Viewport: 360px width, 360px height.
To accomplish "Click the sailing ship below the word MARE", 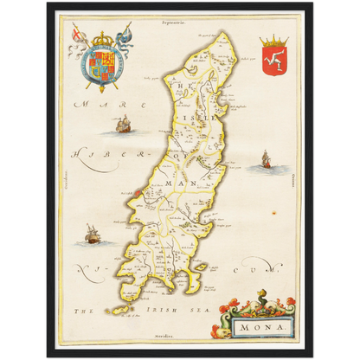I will [x=121, y=126].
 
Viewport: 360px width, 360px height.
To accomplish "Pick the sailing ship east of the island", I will [x=265, y=159].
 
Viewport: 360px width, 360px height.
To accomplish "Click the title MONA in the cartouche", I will [x=264, y=325].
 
